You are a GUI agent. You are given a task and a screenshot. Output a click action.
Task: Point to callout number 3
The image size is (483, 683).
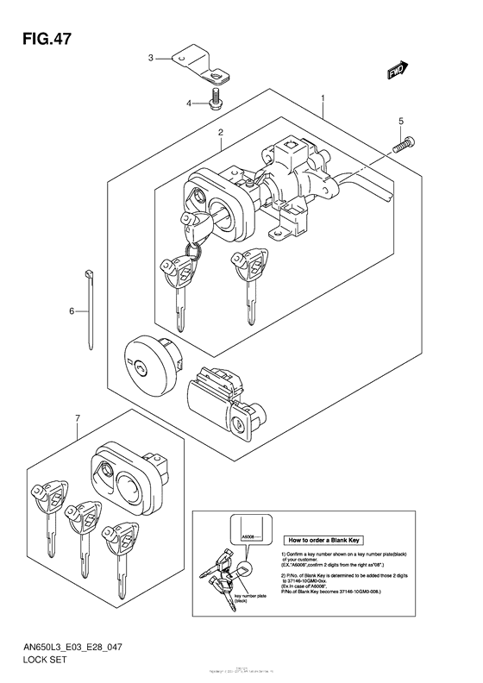pos(150,58)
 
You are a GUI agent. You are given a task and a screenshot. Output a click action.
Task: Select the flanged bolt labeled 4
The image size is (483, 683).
pos(215,99)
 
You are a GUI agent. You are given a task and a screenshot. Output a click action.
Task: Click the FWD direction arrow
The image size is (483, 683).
pos(398,73)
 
